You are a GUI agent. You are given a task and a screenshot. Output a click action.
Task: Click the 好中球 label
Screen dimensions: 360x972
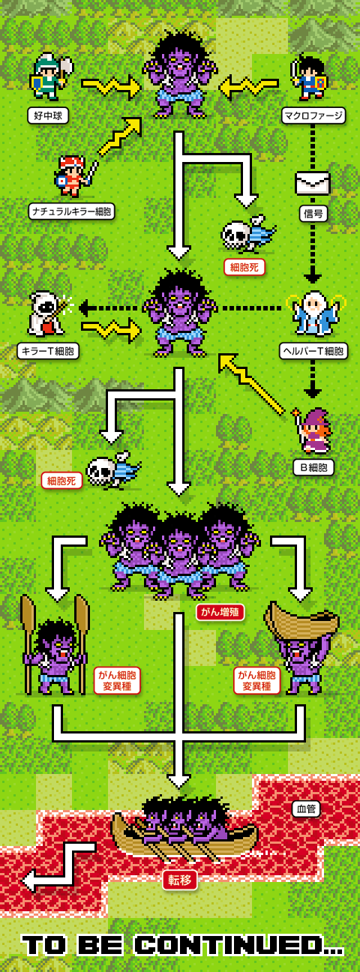click(48, 115)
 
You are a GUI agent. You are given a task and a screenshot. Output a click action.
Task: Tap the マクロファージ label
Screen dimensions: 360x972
click(313, 115)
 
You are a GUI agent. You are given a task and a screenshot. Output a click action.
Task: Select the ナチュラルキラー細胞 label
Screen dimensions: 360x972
click(72, 211)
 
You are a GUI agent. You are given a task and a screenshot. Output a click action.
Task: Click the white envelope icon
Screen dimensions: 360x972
click(312, 183)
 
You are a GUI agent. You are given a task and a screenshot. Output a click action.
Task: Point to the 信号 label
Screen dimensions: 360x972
click(313, 214)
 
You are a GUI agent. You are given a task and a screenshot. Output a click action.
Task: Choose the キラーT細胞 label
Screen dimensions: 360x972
click(48, 350)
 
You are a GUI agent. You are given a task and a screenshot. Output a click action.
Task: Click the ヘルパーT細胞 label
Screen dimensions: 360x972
click(313, 350)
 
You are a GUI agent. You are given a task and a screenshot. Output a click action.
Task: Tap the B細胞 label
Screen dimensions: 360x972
click(313, 467)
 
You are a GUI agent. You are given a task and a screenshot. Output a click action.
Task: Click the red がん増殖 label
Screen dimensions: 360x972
click(220, 612)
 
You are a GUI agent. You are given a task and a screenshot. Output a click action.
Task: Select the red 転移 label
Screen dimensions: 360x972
click(179, 880)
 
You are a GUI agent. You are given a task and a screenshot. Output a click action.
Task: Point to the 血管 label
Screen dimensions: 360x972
click(306, 809)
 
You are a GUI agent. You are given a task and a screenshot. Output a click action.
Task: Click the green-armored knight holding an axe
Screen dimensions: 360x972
click(51, 76)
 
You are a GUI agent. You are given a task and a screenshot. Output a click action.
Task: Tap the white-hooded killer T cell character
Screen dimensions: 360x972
click(48, 313)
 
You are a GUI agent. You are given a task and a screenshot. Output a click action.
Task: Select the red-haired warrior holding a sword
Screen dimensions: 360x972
click(74, 176)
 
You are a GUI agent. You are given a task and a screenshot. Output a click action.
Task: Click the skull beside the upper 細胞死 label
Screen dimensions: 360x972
click(236, 236)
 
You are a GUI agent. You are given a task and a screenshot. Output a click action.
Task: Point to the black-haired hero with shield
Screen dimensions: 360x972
click(310, 77)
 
